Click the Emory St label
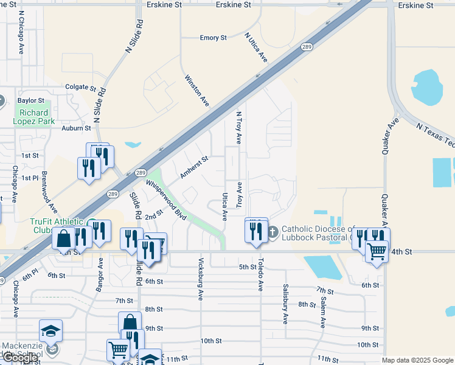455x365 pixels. (213, 38)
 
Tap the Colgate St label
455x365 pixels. (81, 88)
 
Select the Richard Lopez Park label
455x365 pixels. (34, 116)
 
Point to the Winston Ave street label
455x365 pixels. (197, 91)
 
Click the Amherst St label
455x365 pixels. (194, 168)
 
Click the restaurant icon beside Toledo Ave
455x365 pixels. (255, 231)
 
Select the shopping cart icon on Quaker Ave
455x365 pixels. (377, 250)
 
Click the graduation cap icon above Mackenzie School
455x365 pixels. (51, 331)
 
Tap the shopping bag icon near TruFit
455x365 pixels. (64, 238)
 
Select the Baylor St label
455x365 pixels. (31, 100)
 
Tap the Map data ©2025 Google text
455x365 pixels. (417, 360)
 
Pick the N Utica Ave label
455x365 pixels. (256, 47)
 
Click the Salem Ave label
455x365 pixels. (322, 308)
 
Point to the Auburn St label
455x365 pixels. (76, 128)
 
